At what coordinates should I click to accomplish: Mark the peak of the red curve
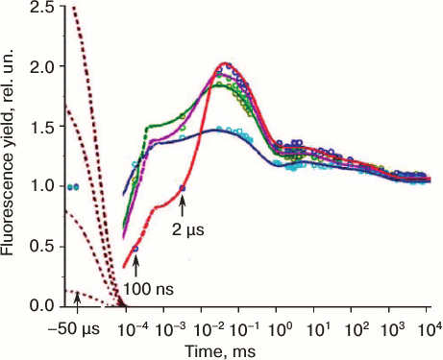click(x=226, y=63)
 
